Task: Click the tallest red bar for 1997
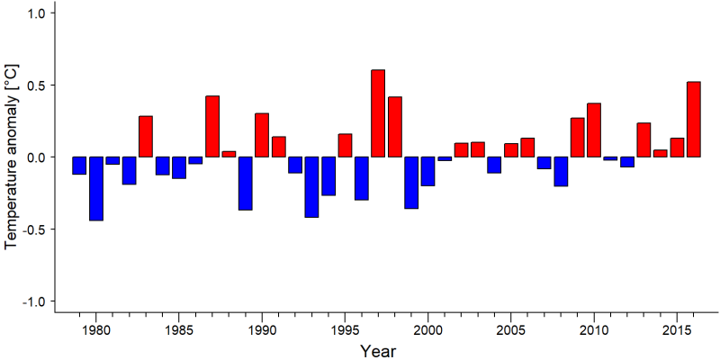pyautogui.click(x=378, y=113)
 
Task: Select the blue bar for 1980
pyautogui.click(x=96, y=189)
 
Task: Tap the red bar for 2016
pyautogui.click(x=694, y=120)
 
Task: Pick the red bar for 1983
pyautogui.click(x=146, y=137)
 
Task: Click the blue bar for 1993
pyautogui.click(x=311, y=187)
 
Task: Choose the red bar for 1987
pyautogui.click(x=212, y=126)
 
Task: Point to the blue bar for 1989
pyautogui.click(x=245, y=184)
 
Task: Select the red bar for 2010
pyautogui.click(x=594, y=130)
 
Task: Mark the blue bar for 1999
pyautogui.click(x=411, y=183)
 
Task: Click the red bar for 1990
pyautogui.click(x=262, y=135)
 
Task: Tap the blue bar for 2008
pyautogui.click(x=561, y=171)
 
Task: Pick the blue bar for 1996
pyautogui.click(x=362, y=178)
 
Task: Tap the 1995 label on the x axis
pyautogui.click(x=345, y=330)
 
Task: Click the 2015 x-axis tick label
pyautogui.click(x=677, y=330)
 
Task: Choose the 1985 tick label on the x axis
pyautogui.click(x=178, y=330)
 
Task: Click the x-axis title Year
pyautogui.click(x=377, y=351)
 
